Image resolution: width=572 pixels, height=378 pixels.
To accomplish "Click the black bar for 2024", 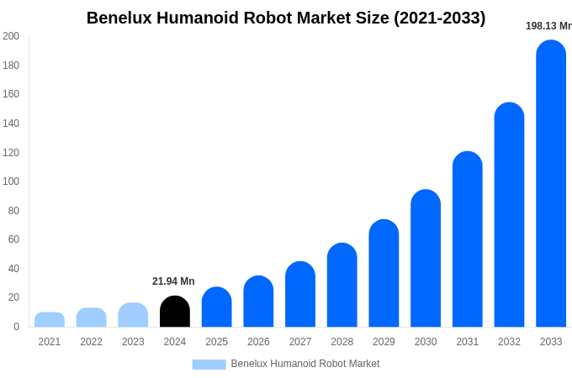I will (175, 312).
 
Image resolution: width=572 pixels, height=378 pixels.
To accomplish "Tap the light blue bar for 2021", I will (50, 320).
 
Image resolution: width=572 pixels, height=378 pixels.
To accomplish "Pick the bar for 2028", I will (342, 285).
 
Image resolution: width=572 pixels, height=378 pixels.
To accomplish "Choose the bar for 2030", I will (426, 258).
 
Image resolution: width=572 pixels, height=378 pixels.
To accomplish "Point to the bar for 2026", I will (258, 302).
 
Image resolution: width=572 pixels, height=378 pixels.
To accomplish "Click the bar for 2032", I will (509, 214).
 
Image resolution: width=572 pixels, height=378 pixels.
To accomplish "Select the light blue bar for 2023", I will (133, 315).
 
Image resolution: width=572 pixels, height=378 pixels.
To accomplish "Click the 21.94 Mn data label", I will (173, 281).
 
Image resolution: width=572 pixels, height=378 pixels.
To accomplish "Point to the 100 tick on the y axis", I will (10, 181).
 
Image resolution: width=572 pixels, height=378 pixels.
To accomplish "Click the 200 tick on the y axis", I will (10, 36).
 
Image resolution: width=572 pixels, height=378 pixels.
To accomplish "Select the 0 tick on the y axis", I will (16, 327).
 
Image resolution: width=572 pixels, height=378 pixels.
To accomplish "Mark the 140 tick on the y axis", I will (10, 123).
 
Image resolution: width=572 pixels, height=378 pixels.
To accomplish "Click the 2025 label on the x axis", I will (216, 342).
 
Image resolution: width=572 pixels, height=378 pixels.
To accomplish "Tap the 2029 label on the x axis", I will (384, 342).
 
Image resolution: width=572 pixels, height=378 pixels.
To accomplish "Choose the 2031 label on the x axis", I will (467, 342).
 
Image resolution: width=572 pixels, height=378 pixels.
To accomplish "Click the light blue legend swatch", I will (209, 365).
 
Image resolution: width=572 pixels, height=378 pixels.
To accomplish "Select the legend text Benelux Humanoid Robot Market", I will (305, 364).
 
